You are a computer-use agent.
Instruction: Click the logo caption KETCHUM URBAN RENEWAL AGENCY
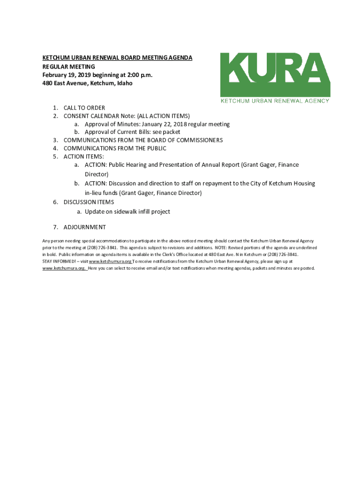(275, 101)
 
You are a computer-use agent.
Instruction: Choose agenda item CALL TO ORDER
(84, 108)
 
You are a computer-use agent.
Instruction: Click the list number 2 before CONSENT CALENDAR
(55, 116)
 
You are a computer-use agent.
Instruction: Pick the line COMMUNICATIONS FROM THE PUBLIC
(115, 148)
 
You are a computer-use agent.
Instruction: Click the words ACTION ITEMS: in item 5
(84, 156)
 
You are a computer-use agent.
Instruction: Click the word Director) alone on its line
(97, 174)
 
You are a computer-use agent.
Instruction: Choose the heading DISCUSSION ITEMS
(89, 202)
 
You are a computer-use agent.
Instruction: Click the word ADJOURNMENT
(85, 227)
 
